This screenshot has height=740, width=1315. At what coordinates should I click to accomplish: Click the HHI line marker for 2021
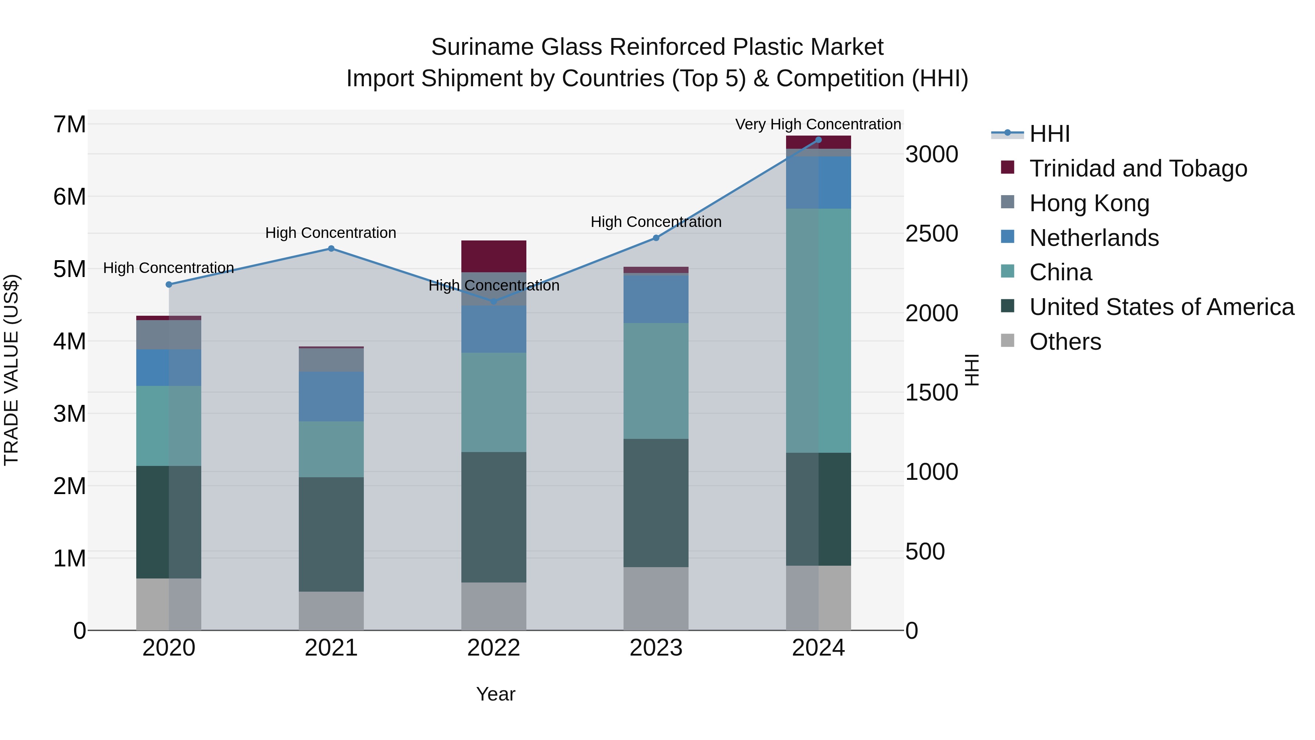tap(331, 249)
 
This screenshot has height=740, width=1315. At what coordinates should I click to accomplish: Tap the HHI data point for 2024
tap(818, 140)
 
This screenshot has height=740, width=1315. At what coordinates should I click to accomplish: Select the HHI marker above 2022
tap(493, 302)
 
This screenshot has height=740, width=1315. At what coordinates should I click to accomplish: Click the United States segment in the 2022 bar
tap(493, 517)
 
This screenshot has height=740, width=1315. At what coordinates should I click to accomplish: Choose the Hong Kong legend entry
tap(1089, 203)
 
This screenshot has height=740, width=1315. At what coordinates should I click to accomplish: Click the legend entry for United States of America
tap(1161, 307)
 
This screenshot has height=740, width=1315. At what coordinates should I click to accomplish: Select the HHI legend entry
tap(1049, 134)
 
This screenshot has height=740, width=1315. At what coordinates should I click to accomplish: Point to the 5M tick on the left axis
tap(69, 269)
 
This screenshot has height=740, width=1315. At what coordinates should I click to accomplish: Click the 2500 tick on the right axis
tap(931, 234)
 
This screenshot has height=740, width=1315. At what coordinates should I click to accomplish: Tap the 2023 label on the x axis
tap(656, 648)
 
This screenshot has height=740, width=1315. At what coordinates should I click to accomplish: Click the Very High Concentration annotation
tap(818, 124)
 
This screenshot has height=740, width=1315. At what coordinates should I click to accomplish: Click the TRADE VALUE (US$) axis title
tap(11, 370)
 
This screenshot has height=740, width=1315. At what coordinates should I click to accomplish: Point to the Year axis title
tap(496, 694)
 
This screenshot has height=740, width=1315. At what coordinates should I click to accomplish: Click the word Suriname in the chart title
tap(483, 48)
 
